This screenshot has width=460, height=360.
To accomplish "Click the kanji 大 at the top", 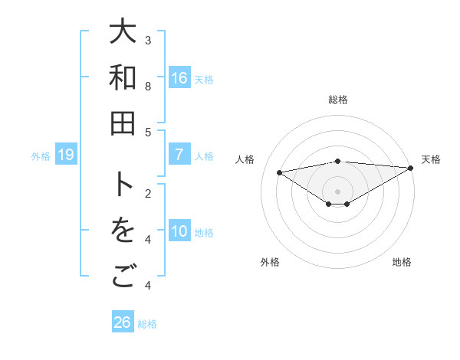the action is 123,32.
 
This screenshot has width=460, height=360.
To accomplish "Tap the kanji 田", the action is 123,123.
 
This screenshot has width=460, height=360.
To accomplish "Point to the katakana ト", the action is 123,185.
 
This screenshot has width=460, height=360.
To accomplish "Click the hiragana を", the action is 123,231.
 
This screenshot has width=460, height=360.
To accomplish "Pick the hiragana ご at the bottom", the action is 123,277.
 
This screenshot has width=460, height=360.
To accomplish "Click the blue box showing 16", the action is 179,77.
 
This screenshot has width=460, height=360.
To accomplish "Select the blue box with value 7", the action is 179,155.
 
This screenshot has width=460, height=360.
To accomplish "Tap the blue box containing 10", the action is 179,231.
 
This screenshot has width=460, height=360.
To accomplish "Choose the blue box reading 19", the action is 66,155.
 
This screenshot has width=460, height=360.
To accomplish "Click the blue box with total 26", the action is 123,322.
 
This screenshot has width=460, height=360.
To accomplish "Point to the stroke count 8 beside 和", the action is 149,86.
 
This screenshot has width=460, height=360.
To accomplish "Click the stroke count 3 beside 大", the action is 149,40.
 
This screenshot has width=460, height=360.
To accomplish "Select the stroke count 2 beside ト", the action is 149,193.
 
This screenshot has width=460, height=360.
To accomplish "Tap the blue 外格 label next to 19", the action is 41,156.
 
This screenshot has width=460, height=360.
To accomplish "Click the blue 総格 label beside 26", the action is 147,323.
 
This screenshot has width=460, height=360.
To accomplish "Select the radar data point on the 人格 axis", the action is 279,172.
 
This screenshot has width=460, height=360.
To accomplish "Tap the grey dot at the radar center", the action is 337,191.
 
